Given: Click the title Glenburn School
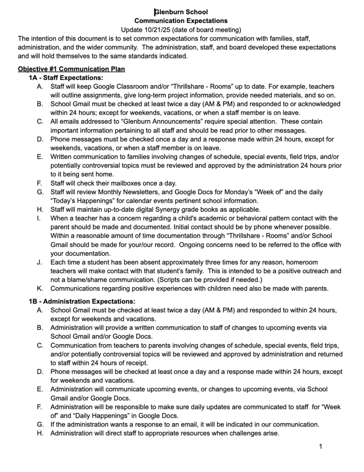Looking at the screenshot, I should (x=181, y=12).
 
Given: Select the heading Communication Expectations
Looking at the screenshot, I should (x=181, y=21).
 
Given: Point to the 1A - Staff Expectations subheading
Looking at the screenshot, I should (x=66, y=78).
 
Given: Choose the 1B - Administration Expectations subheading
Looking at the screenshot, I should (x=82, y=301).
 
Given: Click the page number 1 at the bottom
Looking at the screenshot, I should (x=320, y=446).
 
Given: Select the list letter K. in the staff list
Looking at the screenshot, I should (x=40, y=289).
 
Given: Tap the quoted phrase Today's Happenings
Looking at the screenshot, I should (x=80, y=200).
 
